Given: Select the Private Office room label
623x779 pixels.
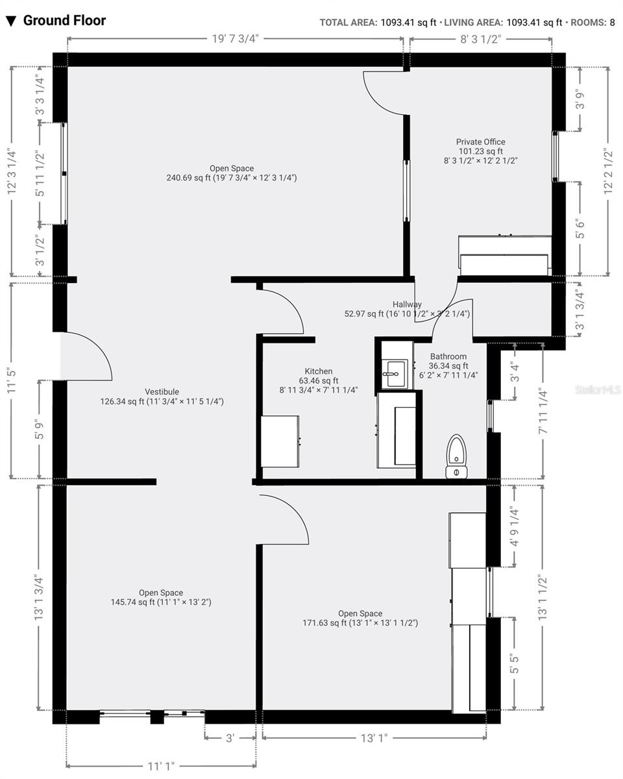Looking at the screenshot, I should [480, 142].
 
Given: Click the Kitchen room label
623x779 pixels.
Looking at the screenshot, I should [318, 371].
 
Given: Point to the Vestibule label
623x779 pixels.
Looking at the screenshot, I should [162, 391].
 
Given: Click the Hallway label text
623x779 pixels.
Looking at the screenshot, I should [407, 304].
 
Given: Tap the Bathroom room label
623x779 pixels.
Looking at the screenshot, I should [448, 356].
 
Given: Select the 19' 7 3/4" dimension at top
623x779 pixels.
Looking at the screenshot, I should [235, 38].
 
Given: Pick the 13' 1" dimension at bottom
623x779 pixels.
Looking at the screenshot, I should [374, 738].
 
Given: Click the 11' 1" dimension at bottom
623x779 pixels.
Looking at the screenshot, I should [160, 767].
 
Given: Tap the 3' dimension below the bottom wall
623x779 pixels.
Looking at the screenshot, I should [230, 738].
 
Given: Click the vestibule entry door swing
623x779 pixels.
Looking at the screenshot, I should [88, 356].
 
